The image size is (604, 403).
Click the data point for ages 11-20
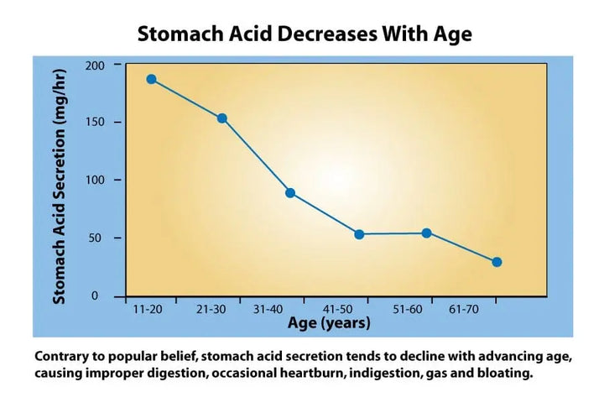[x=152, y=79]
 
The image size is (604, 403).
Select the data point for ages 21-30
[x=222, y=118]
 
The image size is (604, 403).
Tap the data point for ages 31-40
[x=290, y=192]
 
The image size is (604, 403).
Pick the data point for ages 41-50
[x=359, y=234]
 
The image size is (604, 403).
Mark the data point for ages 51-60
[x=426, y=233]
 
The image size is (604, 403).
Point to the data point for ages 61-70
[x=497, y=262]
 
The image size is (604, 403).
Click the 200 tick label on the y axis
[x=98, y=65]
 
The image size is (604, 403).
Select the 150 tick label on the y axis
[x=98, y=123]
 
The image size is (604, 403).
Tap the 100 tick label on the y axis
[x=98, y=181]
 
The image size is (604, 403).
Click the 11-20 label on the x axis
[x=148, y=310]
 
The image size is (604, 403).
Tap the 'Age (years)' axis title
[x=329, y=323]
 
